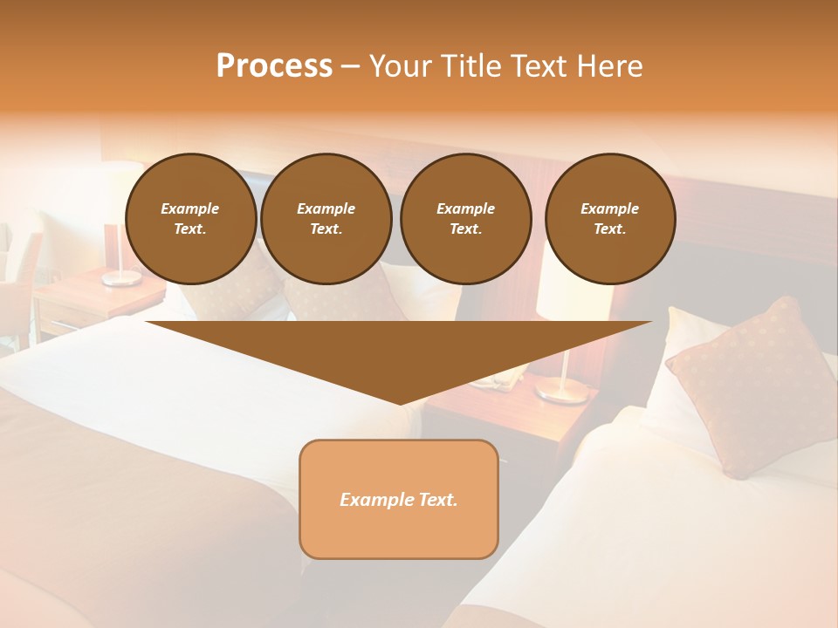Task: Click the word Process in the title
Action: click(x=274, y=66)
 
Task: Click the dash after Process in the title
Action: click(x=350, y=67)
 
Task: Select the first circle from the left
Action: click(x=191, y=219)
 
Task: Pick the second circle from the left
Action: click(x=326, y=219)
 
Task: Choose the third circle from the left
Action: click(x=466, y=219)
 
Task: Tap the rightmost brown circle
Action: click(x=610, y=219)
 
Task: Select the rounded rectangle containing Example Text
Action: click(x=399, y=499)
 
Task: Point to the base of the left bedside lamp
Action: click(x=121, y=278)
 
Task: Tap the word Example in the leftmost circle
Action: click(x=190, y=209)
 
